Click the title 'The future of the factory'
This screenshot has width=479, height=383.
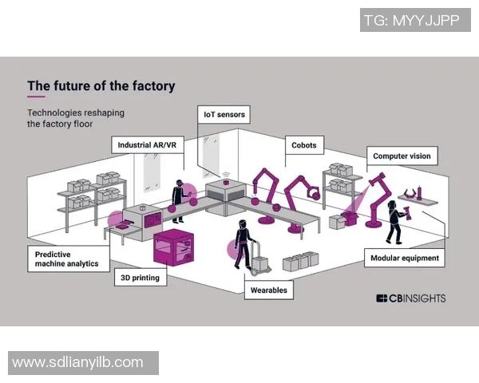click(101, 86)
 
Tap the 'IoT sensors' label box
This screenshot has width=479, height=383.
click(224, 115)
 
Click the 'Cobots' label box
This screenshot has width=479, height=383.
click(303, 145)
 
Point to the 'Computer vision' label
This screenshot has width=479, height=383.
click(402, 156)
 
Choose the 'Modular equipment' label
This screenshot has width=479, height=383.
click(405, 259)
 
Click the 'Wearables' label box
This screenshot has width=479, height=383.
click(268, 290)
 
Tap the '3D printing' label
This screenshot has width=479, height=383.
click(141, 278)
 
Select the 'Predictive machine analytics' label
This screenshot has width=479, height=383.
click(68, 259)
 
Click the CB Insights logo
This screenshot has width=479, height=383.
click(410, 298)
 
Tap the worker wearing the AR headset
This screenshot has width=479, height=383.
click(178, 200)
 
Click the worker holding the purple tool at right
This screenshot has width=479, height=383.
click(394, 221)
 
